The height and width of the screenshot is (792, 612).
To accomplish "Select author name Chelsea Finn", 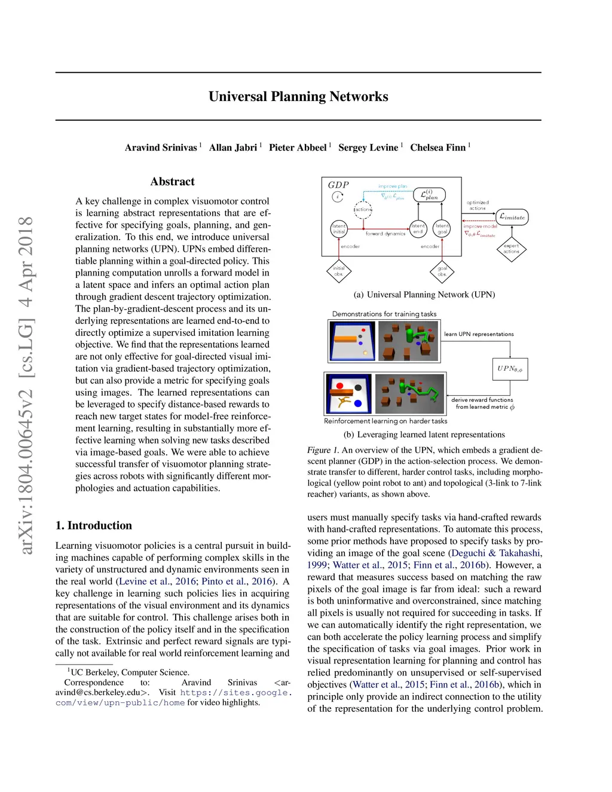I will pos(437,148).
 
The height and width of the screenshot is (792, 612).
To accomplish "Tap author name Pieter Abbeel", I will pos(298,148).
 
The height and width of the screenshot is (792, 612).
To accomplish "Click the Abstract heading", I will pos(172,182).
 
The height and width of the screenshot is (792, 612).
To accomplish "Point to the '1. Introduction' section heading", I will pos(94,525).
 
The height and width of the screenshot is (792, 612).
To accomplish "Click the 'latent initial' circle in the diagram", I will pos(339,228).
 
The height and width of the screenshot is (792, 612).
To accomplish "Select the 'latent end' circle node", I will pos(418,228).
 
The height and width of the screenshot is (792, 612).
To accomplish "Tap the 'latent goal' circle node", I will pos(442,228).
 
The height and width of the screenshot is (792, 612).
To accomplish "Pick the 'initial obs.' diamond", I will pos(339,271).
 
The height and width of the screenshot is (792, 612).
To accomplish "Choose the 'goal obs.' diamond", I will pos(442,271).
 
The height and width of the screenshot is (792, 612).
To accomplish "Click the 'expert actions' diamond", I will pos(512,249).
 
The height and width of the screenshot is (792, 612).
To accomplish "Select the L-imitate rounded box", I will pos(512,217).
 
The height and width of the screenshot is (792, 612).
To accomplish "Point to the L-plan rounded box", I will pos(429,194).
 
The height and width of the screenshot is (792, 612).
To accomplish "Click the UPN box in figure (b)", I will pos(510,369).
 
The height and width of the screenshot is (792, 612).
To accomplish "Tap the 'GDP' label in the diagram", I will pos(338,185).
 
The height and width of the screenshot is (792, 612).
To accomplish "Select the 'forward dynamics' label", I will pos(385,234).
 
